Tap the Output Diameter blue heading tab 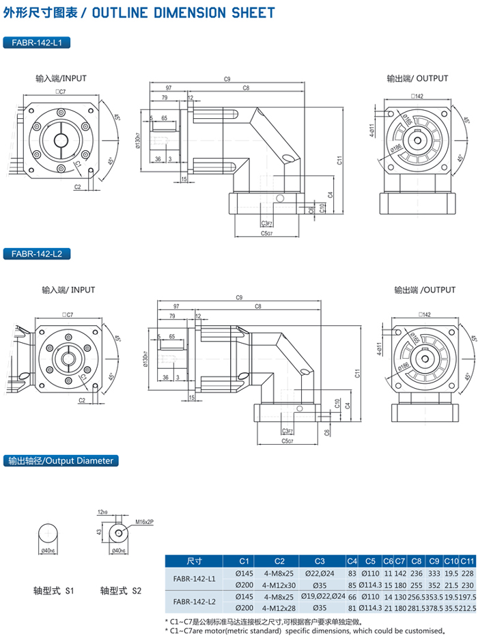[61, 461]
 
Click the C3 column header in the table [319, 561]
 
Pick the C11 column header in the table [467, 561]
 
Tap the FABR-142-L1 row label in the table [193, 579]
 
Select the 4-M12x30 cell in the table [279, 585]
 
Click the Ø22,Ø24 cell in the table [319, 574]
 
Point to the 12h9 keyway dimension [103, 512]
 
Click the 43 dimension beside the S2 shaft [98, 531]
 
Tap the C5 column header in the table [369, 561]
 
